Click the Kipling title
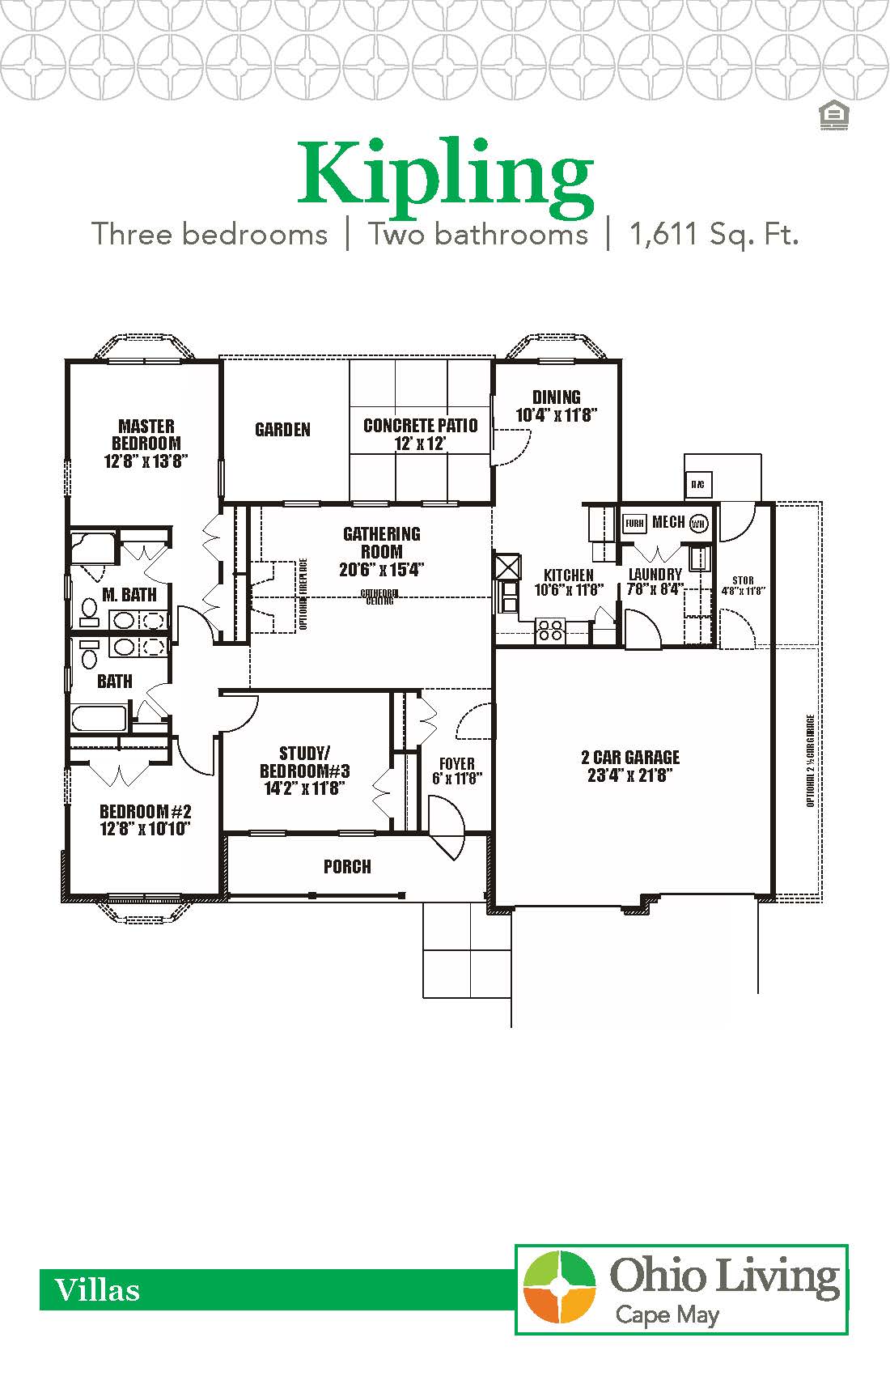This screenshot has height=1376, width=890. coord(445,174)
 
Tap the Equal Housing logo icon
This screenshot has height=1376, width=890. coord(833,116)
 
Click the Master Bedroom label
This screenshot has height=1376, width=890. coord(146,435)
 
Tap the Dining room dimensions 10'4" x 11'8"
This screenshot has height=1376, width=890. coord(556,415)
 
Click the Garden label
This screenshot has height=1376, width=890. coord(282,430)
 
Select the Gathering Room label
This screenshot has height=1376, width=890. coord(382,542)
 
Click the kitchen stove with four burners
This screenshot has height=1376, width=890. coord(550,630)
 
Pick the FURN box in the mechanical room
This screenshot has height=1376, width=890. coord(634,523)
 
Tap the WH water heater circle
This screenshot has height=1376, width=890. coord(699,523)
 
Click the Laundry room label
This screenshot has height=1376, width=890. coord(655,575)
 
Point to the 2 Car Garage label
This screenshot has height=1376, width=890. coord(630,758)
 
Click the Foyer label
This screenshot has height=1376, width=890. coord(457,763)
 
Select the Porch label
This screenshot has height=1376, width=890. coord(347,867)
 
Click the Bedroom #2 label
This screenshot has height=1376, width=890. coord(145,812)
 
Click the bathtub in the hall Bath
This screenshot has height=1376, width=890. coord(100,719)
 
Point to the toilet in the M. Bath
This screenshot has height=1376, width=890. coord(88,609)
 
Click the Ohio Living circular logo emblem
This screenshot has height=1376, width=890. coord(559,1287)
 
